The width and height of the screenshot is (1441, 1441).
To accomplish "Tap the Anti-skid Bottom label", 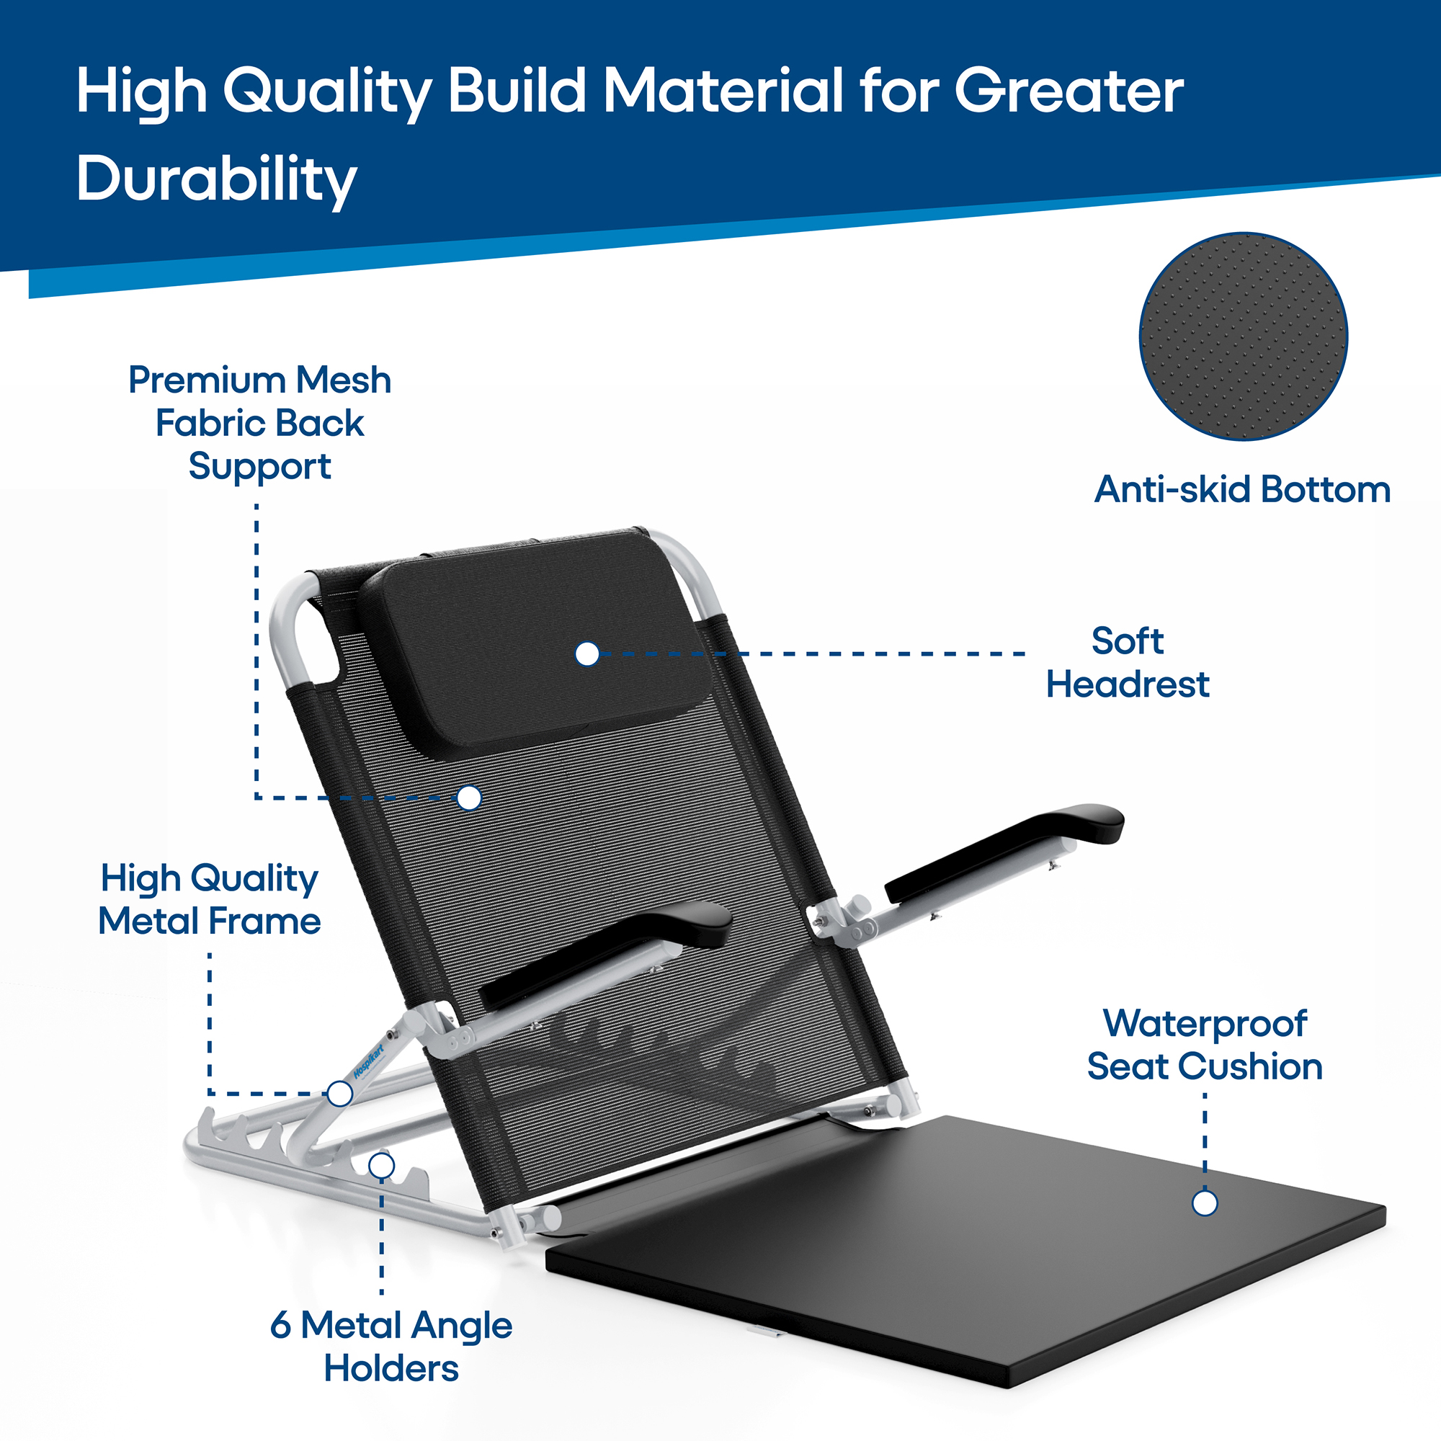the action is tap(1243, 490).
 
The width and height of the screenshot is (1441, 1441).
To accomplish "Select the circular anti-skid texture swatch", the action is tap(1244, 336).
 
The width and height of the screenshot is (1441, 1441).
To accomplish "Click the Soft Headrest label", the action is tap(1127, 662).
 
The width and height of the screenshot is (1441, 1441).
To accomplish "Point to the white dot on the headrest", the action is tap(588, 654).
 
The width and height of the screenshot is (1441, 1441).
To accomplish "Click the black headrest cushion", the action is tap(533, 645).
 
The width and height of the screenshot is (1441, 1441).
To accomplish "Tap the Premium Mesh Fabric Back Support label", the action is tap(259, 423).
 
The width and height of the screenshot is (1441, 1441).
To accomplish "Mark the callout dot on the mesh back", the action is tap(469, 798).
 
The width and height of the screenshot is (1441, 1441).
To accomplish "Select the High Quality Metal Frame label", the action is tap(210, 899).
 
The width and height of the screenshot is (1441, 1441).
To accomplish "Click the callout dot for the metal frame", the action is tap(340, 1094).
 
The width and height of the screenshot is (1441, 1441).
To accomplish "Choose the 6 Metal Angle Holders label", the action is tap(391, 1347).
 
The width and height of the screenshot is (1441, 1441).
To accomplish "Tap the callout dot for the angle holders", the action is tap(382, 1165).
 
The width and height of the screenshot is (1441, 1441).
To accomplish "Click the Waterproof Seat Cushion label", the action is tap(1205, 1044).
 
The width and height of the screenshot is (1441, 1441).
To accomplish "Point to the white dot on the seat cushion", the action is tap(1205, 1203).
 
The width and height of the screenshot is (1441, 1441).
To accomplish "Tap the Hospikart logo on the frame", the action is tap(368, 1060).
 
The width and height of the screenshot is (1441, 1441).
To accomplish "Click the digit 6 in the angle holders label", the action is tap(280, 1326).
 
